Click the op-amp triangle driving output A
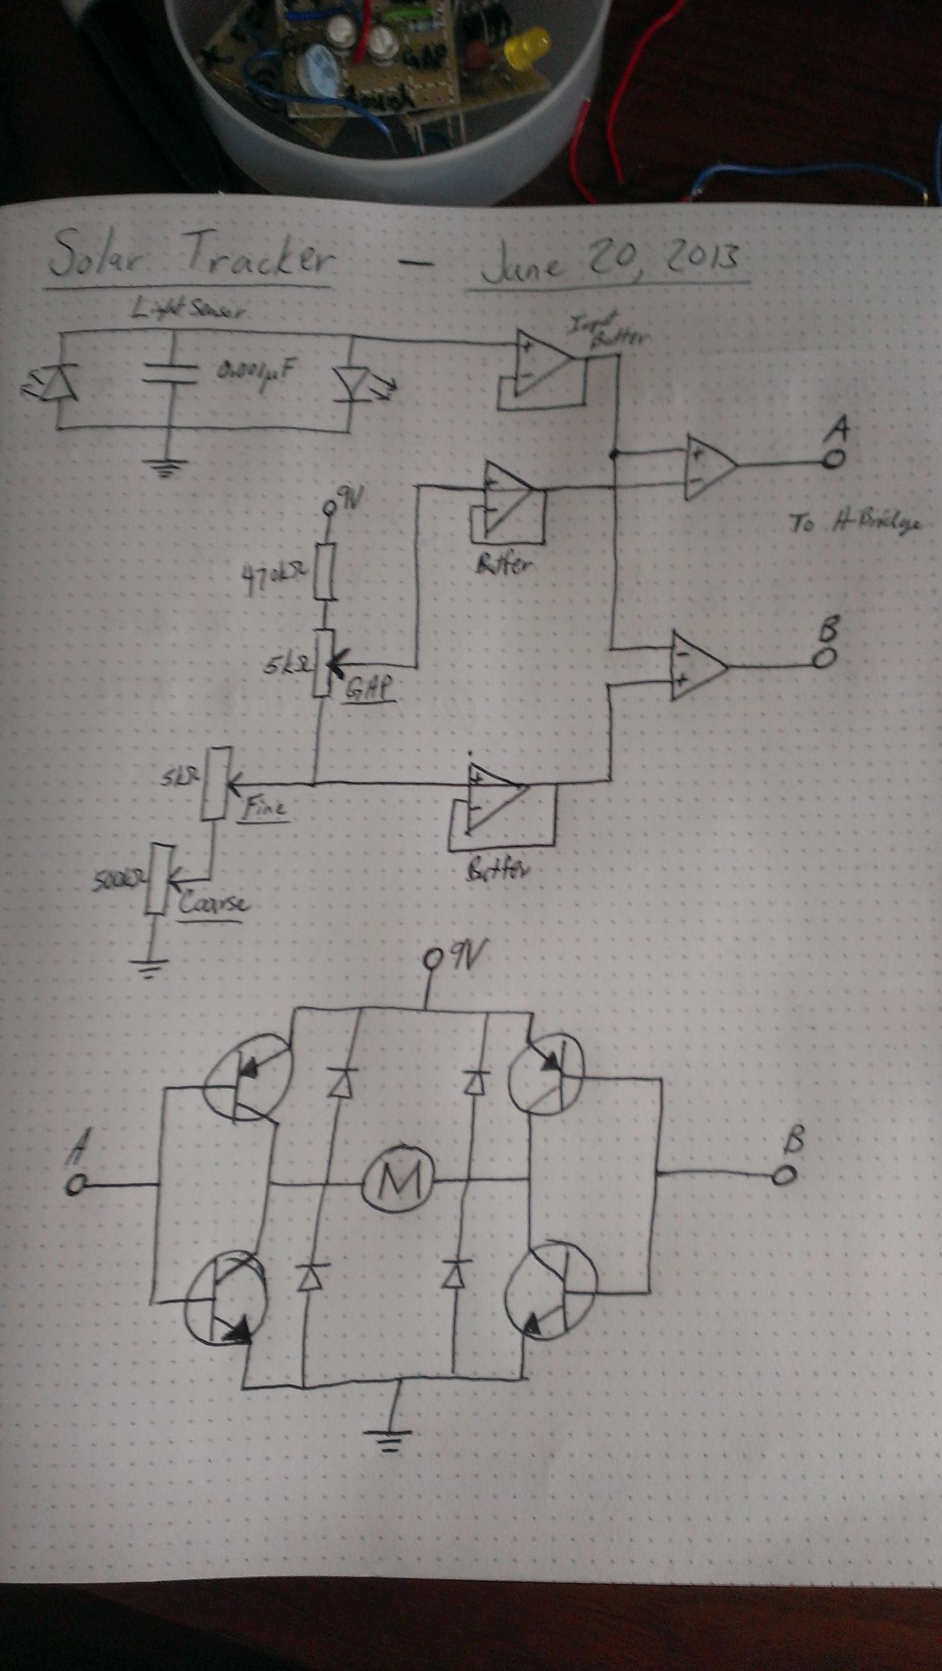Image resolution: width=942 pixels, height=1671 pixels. [x=709, y=466]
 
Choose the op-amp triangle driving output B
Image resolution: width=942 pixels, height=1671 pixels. [x=697, y=666]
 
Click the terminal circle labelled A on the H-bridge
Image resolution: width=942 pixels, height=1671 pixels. [x=75, y=1184]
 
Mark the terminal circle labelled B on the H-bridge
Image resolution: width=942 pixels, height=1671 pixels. [x=784, y=1175]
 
